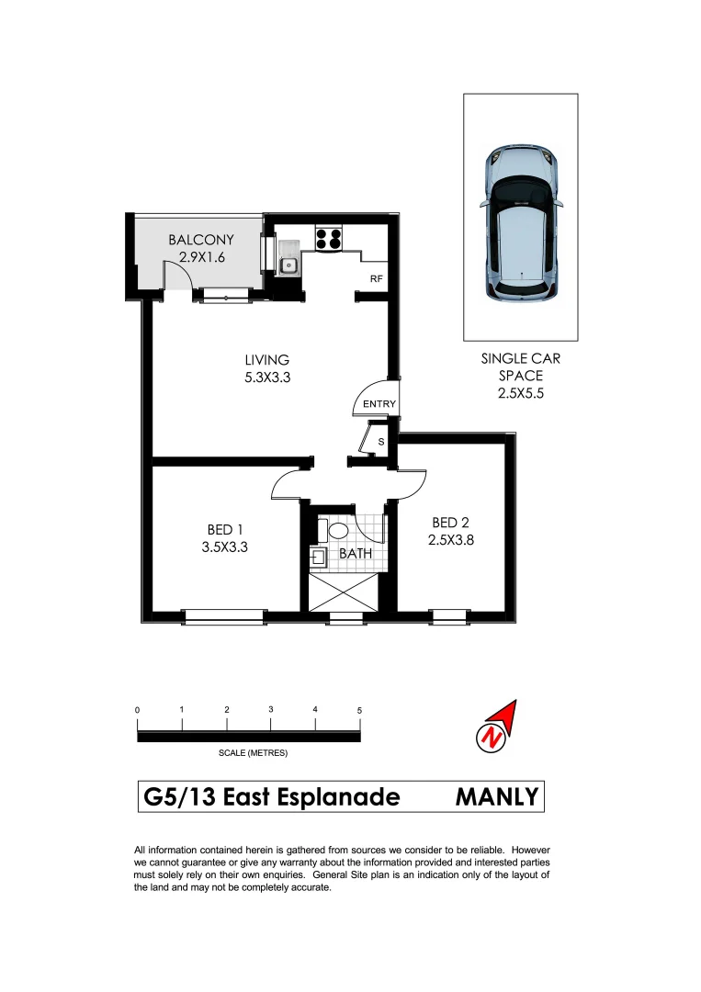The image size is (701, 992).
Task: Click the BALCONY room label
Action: point(200,241)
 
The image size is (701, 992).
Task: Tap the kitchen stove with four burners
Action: point(329,239)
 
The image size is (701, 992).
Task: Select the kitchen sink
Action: point(288,265)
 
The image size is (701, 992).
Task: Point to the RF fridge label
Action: point(376,278)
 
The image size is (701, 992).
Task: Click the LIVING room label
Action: point(266,360)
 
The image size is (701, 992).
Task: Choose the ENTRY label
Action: point(379,404)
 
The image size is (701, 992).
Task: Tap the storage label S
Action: point(380,444)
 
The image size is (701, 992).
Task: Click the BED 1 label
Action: point(225,530)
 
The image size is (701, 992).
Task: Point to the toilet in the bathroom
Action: point(337,531)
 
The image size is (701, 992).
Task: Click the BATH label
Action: point(355,554)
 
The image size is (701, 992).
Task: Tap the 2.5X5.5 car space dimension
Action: point(520,393)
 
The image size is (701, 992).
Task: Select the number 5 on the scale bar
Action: point(360,710)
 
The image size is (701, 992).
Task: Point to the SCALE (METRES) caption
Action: point(253,753)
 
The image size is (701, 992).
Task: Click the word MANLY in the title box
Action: point(496,796)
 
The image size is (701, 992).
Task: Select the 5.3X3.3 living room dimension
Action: point(266,377)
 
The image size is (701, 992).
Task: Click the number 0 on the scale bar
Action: point(137,710)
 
